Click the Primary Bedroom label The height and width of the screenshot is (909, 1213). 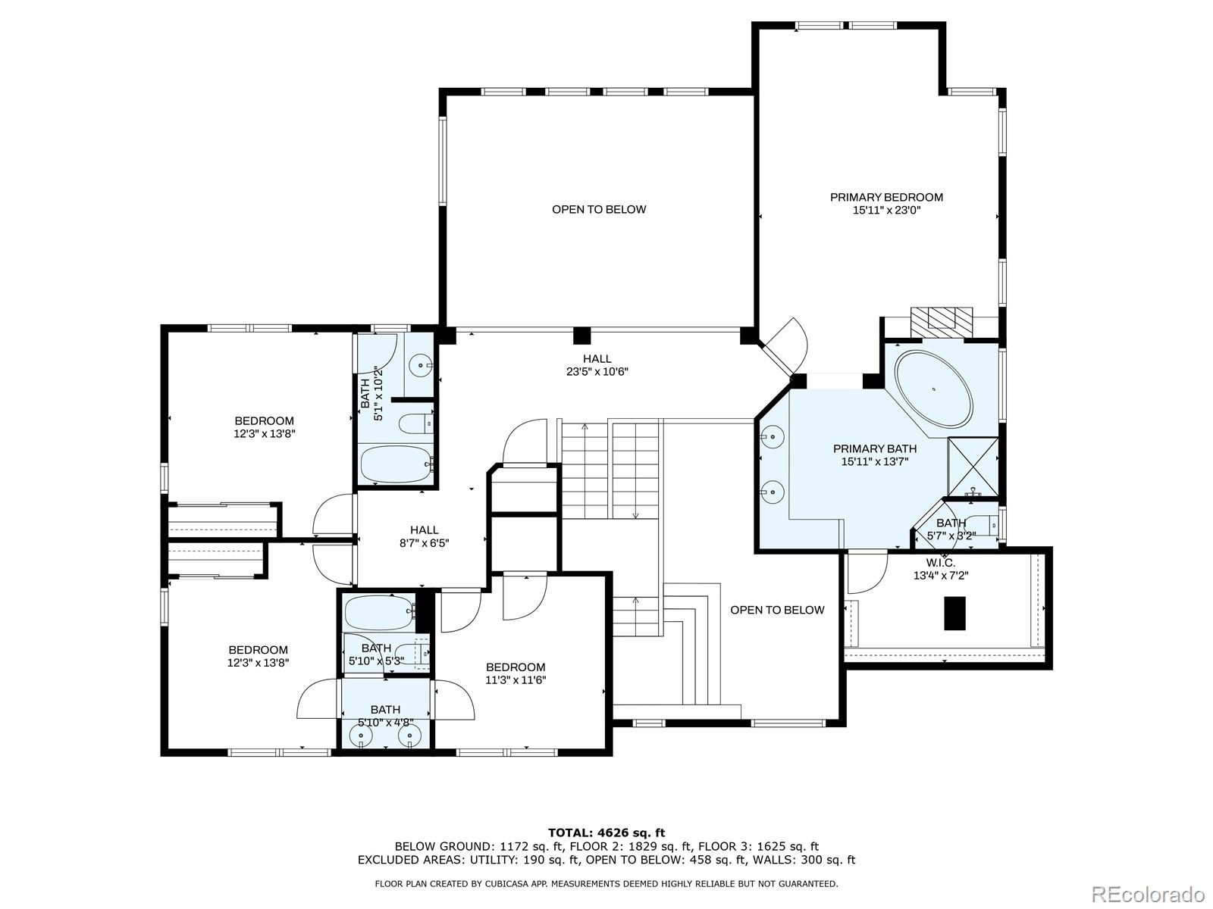click(x=886, y=197)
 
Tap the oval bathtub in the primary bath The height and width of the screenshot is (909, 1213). click(x=933, y=389)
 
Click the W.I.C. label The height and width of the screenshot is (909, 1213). click(x=940, y=563)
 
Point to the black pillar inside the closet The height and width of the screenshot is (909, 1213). click(x=955, y=613)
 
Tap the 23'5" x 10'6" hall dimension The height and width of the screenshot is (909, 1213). click(x=597, y=372)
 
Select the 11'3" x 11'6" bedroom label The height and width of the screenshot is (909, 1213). click(x=516, y=679)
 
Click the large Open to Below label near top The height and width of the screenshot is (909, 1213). click(x=599, y=209)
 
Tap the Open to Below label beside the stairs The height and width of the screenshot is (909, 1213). click(x=777, y=610)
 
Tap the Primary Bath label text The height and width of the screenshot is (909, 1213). click(x=874, y=448)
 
